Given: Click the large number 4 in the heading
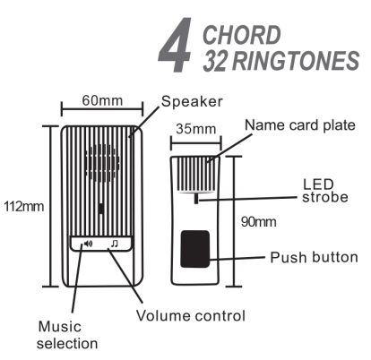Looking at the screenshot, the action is [175, 45].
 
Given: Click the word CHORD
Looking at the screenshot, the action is [242, 35].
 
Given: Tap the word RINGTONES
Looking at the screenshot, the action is [296, 61].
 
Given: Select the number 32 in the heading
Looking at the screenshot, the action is [215, 61].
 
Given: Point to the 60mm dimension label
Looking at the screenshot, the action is [102, 100].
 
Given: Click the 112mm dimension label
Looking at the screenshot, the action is [23, 207].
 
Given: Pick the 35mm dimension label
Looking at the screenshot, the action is [196, 129].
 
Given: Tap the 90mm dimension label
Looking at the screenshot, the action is [259, 222].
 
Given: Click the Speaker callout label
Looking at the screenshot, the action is [192, 102].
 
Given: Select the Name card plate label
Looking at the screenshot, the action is [300, 125].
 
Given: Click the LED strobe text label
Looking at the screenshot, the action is [325, 191].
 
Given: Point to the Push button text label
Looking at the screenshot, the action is [314, 257].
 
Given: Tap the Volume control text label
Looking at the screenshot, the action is [191, 315].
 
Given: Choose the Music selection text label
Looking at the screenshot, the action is [67, 335].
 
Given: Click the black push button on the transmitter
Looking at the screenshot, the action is [195, 249].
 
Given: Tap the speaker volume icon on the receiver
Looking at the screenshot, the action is [88, 244].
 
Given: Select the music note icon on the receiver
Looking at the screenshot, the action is [115, 244].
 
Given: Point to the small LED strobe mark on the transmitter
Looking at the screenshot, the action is [196, 199].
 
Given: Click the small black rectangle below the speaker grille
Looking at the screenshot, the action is [101, 209].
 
